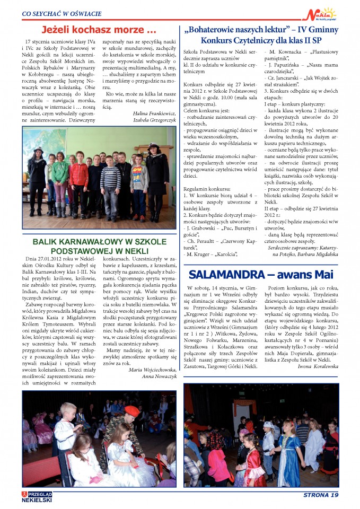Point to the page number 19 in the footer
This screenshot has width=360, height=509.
coord(333,495)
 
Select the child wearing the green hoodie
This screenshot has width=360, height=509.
coord(60,172)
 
